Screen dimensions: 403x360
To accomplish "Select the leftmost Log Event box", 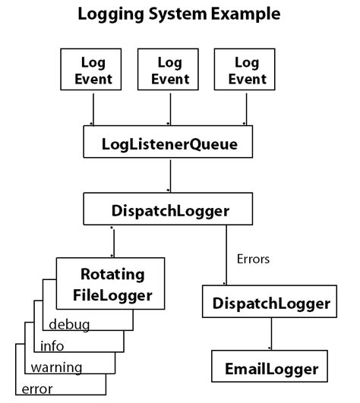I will click(x=93, y=70).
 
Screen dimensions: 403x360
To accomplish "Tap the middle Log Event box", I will click(x=169, y=70).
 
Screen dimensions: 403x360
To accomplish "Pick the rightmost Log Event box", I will click(x=245, y=70).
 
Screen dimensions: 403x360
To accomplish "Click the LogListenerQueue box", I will click(x=169, y=144).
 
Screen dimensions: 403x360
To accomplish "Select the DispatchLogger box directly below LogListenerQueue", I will click(x=169, y=210).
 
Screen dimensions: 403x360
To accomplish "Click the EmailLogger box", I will click(x=271, y=370).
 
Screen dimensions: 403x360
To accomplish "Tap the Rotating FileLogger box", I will click(x=112, y=285).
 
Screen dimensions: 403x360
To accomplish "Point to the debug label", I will click(x=69, y=326).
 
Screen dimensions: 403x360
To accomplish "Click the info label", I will click(x=52, y=347).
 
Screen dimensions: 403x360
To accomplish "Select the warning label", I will click(x=56, y=368).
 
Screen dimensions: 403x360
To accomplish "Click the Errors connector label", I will click(x=254, y=259).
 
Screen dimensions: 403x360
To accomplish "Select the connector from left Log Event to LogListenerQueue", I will click(x=93, y=109).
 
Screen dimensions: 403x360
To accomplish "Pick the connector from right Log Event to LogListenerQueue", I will click(x=245, y=109).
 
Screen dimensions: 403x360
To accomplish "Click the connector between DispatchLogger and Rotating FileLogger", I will click(x=113, y=243).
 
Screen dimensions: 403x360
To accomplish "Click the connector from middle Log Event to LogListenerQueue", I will click(x=169, y=109).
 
